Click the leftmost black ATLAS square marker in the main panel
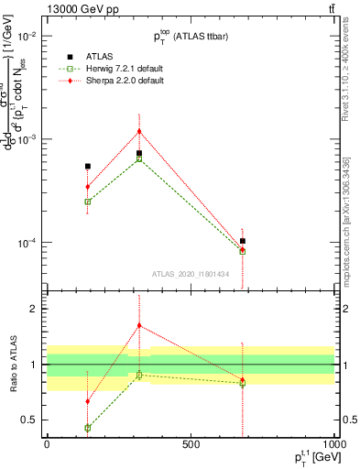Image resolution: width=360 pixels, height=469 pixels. (87, 167)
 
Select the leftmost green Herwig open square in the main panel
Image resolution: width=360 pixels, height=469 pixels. (87, 202)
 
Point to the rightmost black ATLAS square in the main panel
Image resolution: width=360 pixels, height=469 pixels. (243, 241)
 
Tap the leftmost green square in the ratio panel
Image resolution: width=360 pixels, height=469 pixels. (87, 428)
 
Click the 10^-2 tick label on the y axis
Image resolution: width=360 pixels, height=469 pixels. (26, 36)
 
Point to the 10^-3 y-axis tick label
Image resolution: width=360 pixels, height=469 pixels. (26, 139)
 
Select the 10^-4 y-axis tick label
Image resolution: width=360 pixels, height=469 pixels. (26, 243)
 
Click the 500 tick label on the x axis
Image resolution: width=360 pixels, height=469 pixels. (191, 446)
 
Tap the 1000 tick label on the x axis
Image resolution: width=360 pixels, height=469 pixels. (333, 446)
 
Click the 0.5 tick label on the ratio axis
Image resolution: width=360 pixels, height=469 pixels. (29, 420)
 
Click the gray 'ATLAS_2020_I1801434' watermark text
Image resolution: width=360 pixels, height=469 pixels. (191, 273)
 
